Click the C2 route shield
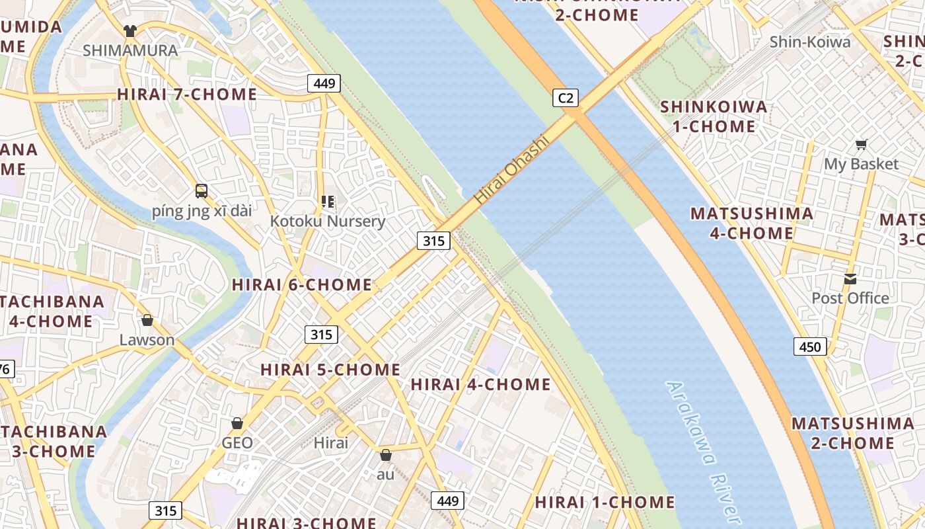click(566, 99)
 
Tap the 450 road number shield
click(810, 346)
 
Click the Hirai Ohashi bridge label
click(512, 169)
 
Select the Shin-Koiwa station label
click(810, 42)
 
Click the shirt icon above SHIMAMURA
click(130, 31)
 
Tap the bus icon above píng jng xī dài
click(202, 191)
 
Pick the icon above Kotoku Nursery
click(327, 201)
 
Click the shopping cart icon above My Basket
click(862, 144)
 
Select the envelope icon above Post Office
click(850, 279)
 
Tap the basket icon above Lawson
click(147, 321)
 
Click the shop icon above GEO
click(237, 423)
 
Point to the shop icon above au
click(386, 455)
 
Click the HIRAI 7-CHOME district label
click(187, 95)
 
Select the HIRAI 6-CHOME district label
click(302, 285)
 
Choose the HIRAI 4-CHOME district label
click(481, 384)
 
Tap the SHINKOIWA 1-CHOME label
click(714, 116)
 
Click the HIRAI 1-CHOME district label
click(605, 503)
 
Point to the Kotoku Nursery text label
click(327, 221)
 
